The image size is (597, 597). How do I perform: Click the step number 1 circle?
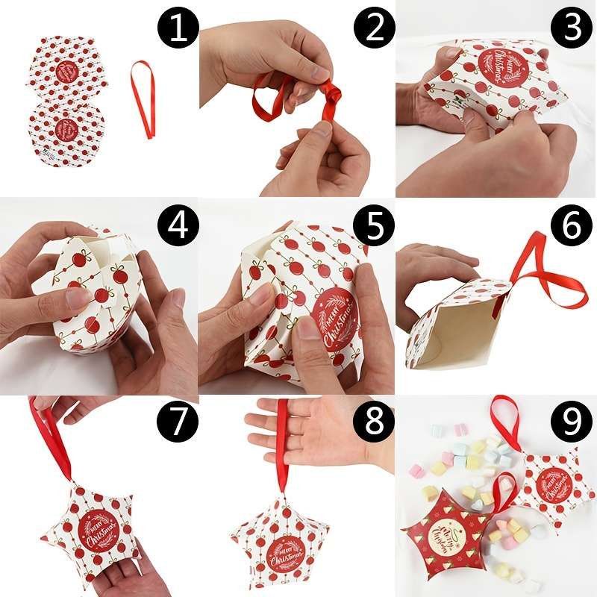(x=176, y=29)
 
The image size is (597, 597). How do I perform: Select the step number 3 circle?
(x=571, y=29)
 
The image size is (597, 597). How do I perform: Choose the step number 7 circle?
(x=176, y=425)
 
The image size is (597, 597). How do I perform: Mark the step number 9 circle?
(x=571, y=425)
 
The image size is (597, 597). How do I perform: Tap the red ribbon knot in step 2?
(x=331, y=95)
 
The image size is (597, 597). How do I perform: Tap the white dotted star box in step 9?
(x=552, y=485)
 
